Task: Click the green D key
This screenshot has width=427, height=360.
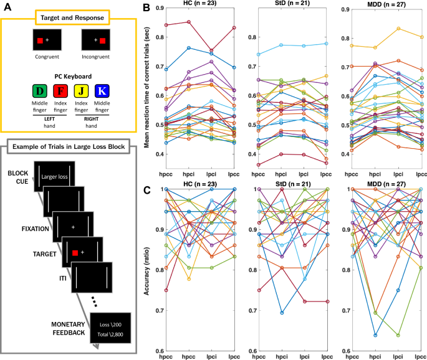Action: (x=39, y=91)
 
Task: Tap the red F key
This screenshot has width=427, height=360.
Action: (x=60, y=91)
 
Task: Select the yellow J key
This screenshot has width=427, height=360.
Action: (x=81, y=91)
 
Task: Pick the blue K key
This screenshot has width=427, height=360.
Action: (x=102, y=91)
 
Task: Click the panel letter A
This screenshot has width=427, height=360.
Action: (x=7, y=7)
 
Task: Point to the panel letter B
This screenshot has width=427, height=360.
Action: (x=146, y=7)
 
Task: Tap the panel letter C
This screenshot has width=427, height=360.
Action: (x=147, y=190)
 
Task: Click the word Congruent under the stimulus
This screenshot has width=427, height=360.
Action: (x=47, y=57)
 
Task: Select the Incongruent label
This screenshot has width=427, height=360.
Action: (x=95, y=57)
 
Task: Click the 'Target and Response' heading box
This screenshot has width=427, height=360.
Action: (x=72, y=17)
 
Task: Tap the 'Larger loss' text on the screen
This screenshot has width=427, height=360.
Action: (x=54, y=177)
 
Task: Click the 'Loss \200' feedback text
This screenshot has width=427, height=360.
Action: (x=110, y=324)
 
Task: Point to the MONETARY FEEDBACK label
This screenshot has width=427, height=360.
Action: (x=69, y=328)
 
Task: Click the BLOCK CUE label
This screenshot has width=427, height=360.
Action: (x=18, y=177)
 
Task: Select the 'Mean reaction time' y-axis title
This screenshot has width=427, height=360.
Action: (x=146, y=87)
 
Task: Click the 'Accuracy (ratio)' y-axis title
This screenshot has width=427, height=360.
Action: (x=146, y=271)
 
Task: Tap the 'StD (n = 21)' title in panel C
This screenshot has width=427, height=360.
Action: (x=293, y=184)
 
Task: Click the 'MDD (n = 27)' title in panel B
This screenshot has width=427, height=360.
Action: (x=386, y=4)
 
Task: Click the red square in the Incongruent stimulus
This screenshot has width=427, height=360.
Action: (x=102, y=41)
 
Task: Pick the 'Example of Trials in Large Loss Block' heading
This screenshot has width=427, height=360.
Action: (x=69, y=146)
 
